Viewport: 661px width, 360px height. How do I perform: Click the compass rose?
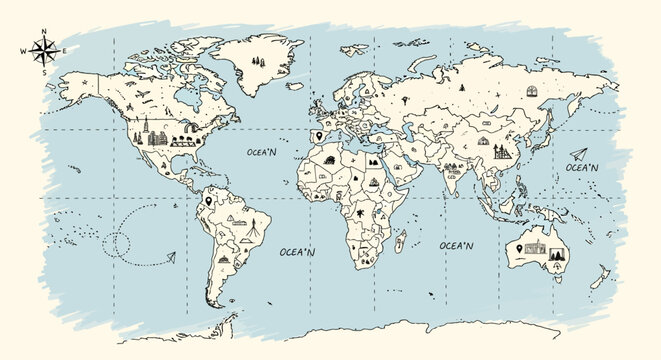point(44,49)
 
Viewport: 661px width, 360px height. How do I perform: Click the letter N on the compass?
point(44,32)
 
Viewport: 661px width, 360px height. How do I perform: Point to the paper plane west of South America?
point(170,258)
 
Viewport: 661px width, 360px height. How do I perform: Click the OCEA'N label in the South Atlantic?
point(298,252)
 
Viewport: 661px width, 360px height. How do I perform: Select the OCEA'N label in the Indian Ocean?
point(456,244)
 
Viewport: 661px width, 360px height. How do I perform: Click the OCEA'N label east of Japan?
point(582,168)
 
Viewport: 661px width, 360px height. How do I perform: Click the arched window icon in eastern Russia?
point(531,91)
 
